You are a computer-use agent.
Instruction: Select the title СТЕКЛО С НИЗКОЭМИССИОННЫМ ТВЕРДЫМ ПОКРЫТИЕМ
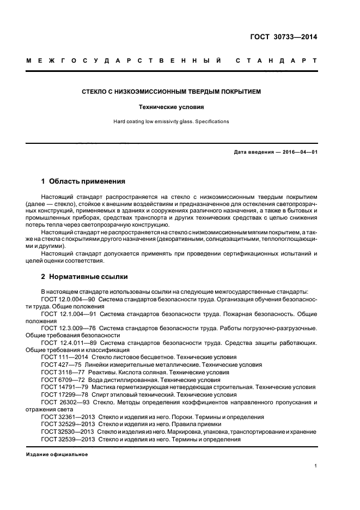[171, 92]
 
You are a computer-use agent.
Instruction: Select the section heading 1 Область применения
[83, 181]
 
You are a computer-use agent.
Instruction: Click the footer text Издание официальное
[57, 454]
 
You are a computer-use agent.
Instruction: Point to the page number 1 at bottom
[315, 466]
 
